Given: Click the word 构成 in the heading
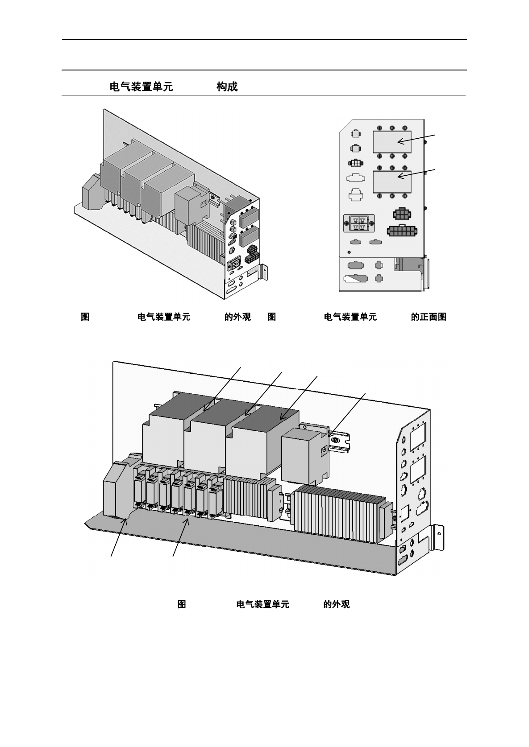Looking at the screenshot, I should (227, 87).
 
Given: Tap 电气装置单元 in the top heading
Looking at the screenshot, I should (141, 87).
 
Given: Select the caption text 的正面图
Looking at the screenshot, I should (428, 317).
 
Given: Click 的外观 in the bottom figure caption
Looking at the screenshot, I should (336, 604).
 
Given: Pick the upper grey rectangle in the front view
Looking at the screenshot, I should (392, 141).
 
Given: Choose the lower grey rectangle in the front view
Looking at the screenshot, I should (392, 182).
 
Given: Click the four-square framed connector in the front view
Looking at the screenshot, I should (359, 223).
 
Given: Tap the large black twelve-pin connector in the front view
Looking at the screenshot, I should (402, 231).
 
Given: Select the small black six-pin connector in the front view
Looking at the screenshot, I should (401, 214).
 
